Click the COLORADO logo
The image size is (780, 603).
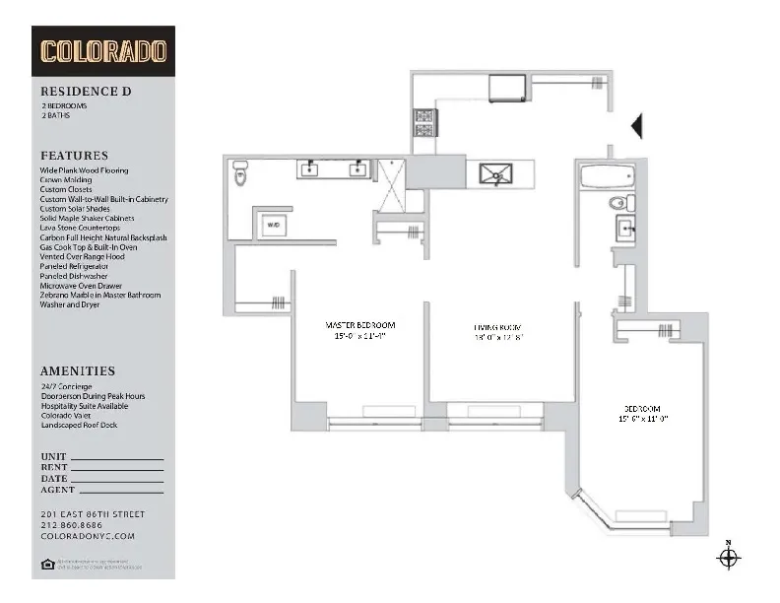point(103,51)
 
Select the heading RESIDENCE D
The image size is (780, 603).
point(87,92)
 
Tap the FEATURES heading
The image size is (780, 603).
point(74,156)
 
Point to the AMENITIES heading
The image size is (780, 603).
point(78,371)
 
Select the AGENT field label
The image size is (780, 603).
point(58,490)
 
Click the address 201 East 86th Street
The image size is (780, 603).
point(93,514)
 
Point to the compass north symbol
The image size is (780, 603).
point(728,558)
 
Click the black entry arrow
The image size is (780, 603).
point(636,125)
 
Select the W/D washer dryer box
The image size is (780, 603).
point(274,226)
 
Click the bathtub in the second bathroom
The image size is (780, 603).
point(608,178)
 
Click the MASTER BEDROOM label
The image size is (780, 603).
point(360,325)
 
